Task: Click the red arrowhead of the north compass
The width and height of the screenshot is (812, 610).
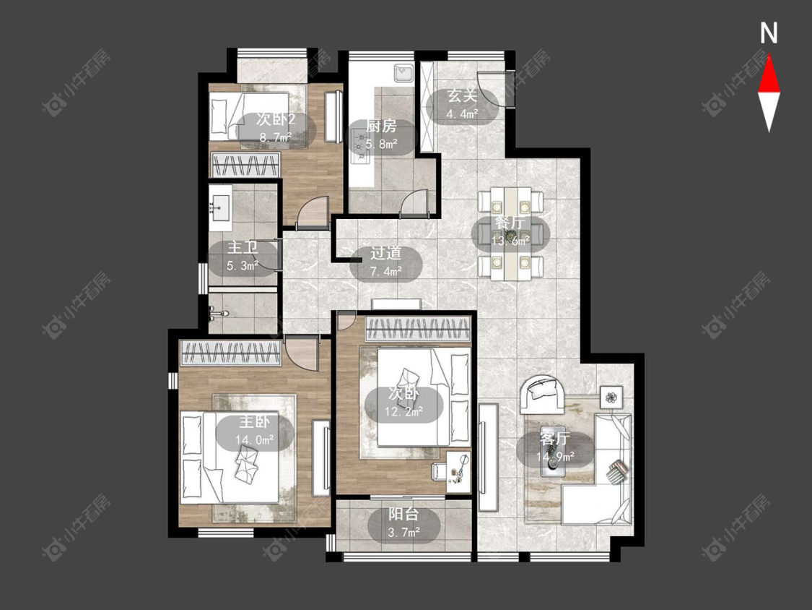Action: (769, 77)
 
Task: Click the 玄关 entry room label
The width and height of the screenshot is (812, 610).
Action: (462, 96)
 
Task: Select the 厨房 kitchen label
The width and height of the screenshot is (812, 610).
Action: (381, 126)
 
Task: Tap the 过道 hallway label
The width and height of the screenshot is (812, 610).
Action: (386, 253)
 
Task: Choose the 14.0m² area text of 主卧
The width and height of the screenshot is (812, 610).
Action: (255, 440)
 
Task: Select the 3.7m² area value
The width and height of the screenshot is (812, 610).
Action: (404, 532)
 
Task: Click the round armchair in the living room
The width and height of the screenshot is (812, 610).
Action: (542, 394)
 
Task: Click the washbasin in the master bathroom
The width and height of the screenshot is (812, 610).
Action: (221, 207)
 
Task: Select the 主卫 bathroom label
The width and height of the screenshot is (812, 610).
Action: (243, 248)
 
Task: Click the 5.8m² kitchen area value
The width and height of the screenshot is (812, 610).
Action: (381, 144)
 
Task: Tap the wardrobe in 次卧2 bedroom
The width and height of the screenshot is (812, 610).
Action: (245, 166)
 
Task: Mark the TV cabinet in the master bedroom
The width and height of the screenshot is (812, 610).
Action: (321, 458)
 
